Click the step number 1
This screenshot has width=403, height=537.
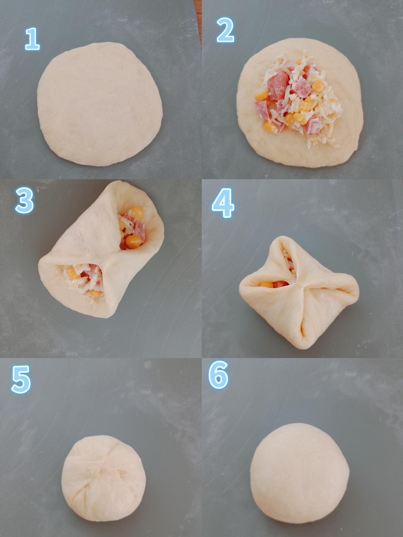tap(32, 39)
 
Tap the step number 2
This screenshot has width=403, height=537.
tap(225, 30)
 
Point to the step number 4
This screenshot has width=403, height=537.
tap(223, 203)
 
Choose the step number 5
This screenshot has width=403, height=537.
tap(21, 379)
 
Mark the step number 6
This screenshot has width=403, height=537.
tap(218, 375)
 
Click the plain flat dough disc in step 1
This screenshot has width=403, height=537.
tap(100, 104)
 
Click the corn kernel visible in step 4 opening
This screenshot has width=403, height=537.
tap(266, 284)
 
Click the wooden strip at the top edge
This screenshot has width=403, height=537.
tap(198, 22)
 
